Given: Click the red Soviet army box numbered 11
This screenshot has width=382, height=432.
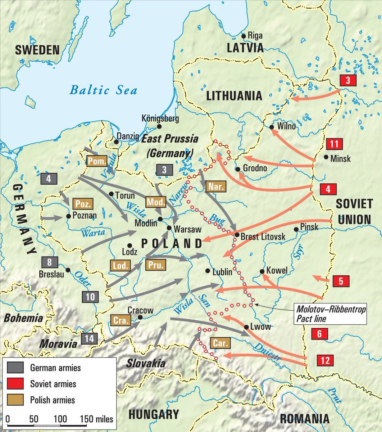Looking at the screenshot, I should (334, 144).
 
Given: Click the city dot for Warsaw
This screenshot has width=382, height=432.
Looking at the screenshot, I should (169, 228).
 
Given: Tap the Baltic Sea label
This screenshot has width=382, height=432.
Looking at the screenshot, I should (103, 90).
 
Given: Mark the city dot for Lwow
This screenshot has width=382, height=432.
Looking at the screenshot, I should (246, 327).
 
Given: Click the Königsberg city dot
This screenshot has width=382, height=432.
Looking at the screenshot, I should (159, 127).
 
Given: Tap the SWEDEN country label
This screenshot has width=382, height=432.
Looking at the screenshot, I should (37, 50).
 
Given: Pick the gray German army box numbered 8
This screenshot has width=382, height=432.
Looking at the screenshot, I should (50, 262).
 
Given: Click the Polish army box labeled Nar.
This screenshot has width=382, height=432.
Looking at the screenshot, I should (215, 186).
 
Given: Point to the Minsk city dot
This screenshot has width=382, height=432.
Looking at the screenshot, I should (326, 157).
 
